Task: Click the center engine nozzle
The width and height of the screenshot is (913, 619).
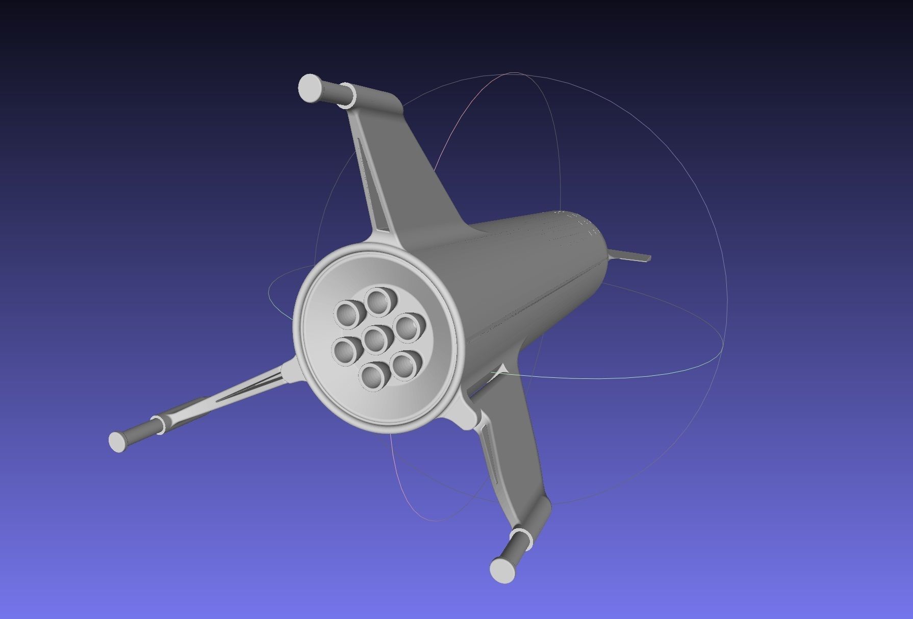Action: [377, 339]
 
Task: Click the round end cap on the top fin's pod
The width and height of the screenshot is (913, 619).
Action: [310, 88]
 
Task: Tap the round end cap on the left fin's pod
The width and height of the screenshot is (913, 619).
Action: [118, 441]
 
